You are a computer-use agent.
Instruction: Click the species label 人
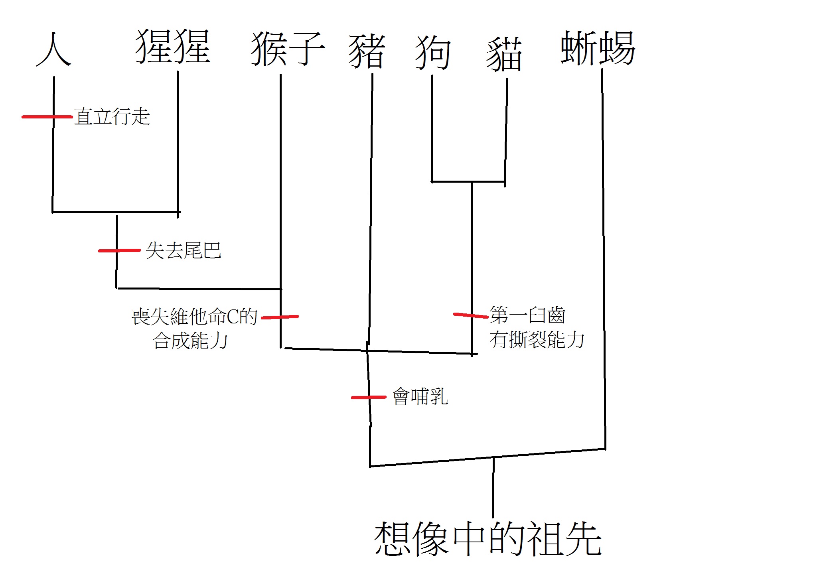(54, 50)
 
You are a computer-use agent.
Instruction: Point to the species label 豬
(367, 51)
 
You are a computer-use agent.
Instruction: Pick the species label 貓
(504, 54)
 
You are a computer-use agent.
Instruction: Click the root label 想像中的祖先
(487, 539)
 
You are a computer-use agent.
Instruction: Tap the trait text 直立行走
(112, 116)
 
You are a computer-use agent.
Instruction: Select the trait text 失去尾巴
(183, 250)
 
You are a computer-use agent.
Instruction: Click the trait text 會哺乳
(420, 396)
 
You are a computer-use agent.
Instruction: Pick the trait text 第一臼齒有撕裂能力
(536, 327)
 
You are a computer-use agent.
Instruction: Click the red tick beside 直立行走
(47, 117)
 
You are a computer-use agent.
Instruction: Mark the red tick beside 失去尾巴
(119, 250)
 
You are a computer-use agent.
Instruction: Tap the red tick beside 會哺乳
(368, 397)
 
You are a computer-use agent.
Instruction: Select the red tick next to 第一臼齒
(471, 315)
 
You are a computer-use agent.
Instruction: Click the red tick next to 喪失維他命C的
(280, 317)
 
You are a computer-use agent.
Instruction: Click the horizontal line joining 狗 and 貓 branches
(468, 182)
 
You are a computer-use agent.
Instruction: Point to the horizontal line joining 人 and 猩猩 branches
(116, 212)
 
